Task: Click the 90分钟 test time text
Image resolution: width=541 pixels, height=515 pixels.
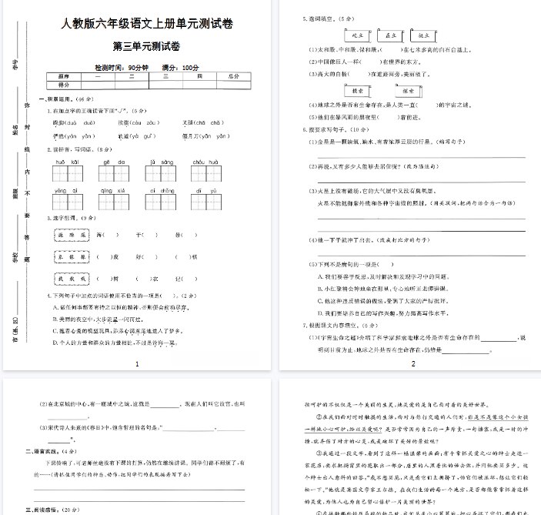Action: coord(135,68)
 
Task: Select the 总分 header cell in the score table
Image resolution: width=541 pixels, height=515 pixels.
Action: coord(235,76)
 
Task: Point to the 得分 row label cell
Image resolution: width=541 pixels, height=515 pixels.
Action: coord(64,85)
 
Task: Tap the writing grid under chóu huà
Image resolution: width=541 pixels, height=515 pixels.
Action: coord(205,173)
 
